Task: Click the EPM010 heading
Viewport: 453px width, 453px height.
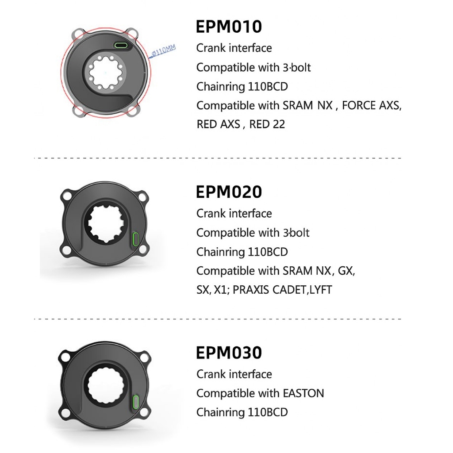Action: click(229, 27)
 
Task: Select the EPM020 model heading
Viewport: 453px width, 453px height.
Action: click(229, 192)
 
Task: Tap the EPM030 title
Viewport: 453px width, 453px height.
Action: click(229, 353)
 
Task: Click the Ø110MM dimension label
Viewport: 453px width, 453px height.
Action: click(164, 50)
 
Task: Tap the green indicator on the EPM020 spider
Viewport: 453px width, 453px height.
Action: click(135, 239)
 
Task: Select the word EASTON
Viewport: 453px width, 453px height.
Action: click(303, 393)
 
